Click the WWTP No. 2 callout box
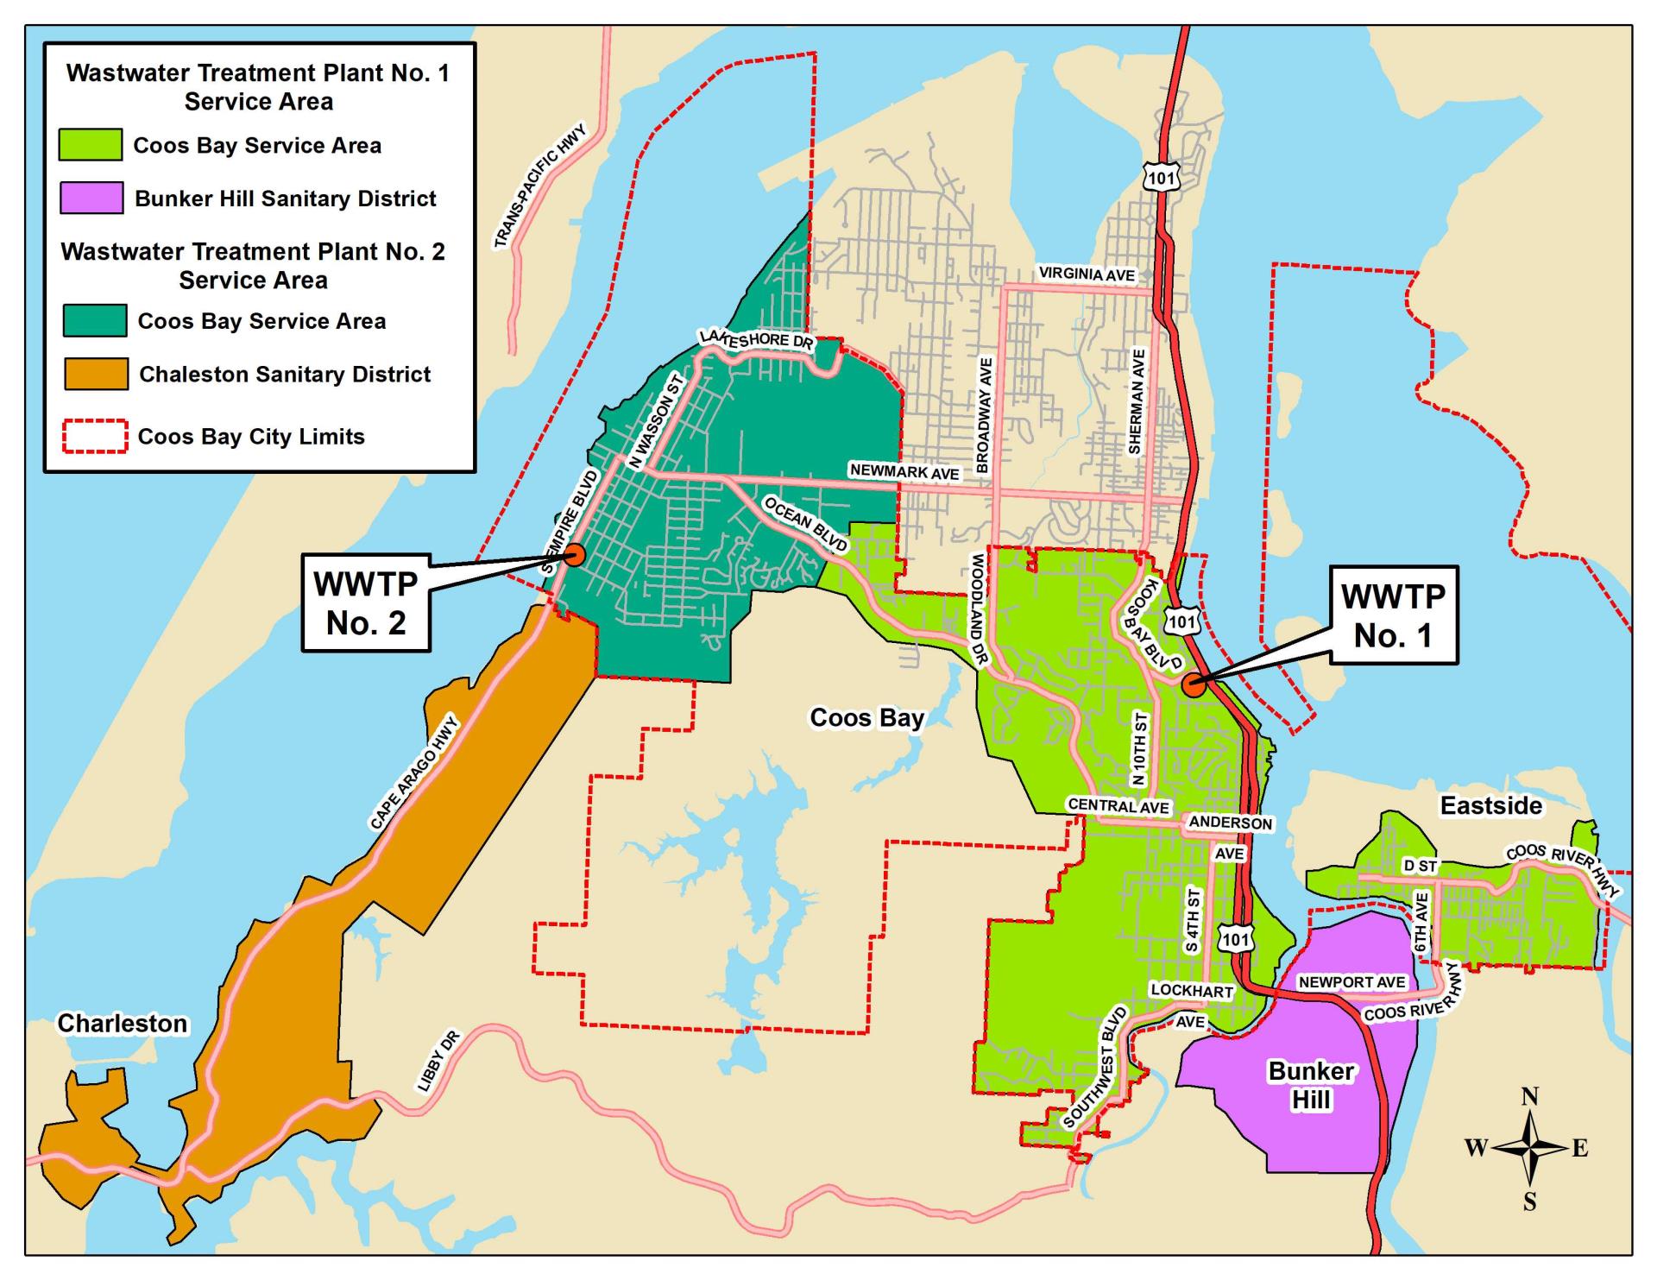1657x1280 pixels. (x=366, y=602)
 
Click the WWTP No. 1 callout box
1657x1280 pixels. (x=1393, y=615)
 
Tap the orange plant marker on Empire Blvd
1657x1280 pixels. (x=575, y=555)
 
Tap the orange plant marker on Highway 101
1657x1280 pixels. (x=1194, y=684)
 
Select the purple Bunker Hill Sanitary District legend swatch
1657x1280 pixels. (x=91, y=198)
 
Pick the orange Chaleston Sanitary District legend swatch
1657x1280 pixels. (x=96, y=374)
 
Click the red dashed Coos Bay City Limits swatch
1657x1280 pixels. (x=95, y=437)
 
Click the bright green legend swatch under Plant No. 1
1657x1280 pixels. (x=90, y=145)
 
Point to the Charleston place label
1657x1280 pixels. (x=123, y=1023)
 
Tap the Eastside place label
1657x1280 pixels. (x=1490, y=805)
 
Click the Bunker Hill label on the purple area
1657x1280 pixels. (x=1310, y=1085)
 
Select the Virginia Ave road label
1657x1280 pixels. (x=1087, y=274)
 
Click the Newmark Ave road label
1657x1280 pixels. (x=904, y=471)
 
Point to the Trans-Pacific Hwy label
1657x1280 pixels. (x=540, y=186)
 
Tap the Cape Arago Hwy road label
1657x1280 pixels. (x=416, y=774)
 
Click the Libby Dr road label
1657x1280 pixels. (x=439, y=1061)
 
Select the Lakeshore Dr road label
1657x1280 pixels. (x=756, y=339)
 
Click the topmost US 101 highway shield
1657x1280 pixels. (x=1162, y=178)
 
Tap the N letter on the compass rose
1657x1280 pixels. (x=1529, y=1097)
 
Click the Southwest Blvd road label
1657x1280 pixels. (x=1095, y=1068)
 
